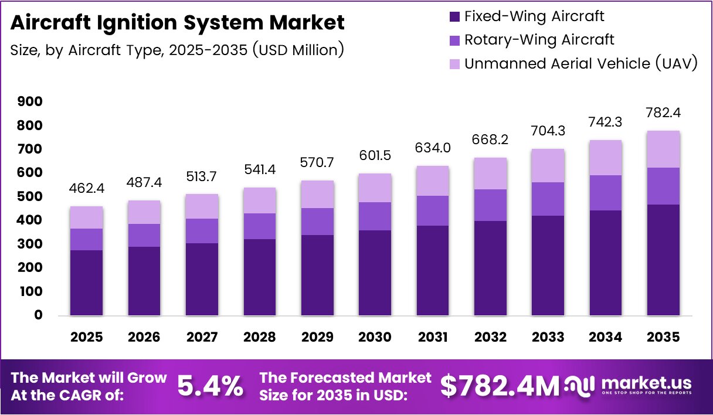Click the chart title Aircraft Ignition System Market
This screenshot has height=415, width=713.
(177, 23)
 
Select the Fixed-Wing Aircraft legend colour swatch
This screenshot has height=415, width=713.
(454, 16)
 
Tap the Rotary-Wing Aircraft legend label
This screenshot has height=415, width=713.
(539, 40)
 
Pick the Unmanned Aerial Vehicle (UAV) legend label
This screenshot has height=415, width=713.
(580, 63)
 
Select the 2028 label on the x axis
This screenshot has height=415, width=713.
(259, 337)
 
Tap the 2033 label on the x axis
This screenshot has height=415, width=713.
(548, 337)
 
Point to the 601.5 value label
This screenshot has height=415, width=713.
(375, 156)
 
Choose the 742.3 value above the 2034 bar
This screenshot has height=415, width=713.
(606, 122)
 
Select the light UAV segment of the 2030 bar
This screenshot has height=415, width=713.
(375, 188)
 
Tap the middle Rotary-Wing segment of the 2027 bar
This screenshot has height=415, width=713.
(202, 231)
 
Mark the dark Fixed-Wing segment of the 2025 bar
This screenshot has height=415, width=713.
(86, 283)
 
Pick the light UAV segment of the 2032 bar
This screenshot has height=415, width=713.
(490, 174)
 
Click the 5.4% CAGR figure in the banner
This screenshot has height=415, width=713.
(210, 386)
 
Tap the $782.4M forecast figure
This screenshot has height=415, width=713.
(500, 386)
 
